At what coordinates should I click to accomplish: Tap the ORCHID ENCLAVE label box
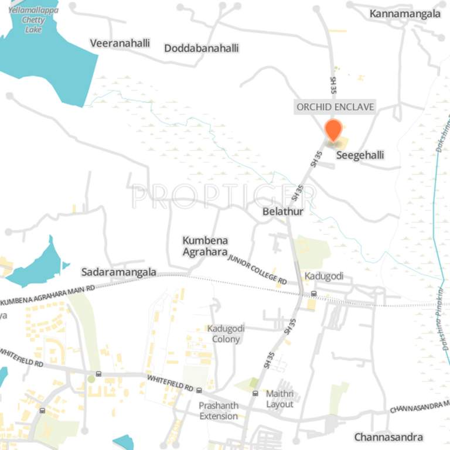[x=335, y=107]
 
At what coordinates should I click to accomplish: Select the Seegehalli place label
[x=360, y=155]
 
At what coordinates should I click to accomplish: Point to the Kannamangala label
[x=405, y=13]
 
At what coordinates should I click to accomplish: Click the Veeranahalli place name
[x=120, y=43]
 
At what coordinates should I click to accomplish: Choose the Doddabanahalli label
[x=201, y=48]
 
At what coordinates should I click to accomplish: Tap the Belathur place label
[x=283, y=211]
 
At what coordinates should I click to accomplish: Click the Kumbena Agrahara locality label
[x=205, y=246]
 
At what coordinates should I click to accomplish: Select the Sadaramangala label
[x=119, y=272]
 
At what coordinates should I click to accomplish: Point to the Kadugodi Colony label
[x=226, y=334]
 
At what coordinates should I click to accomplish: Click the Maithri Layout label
[x=279, y=399]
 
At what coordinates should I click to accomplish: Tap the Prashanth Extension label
[x=219, y=411]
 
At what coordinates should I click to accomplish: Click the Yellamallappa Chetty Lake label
[x=33, y=19]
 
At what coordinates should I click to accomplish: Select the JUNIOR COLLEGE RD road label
[x=257, y=270]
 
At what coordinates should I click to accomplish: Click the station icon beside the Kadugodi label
[x=313, y=294]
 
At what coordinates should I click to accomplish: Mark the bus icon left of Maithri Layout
[x=255, y=394]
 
